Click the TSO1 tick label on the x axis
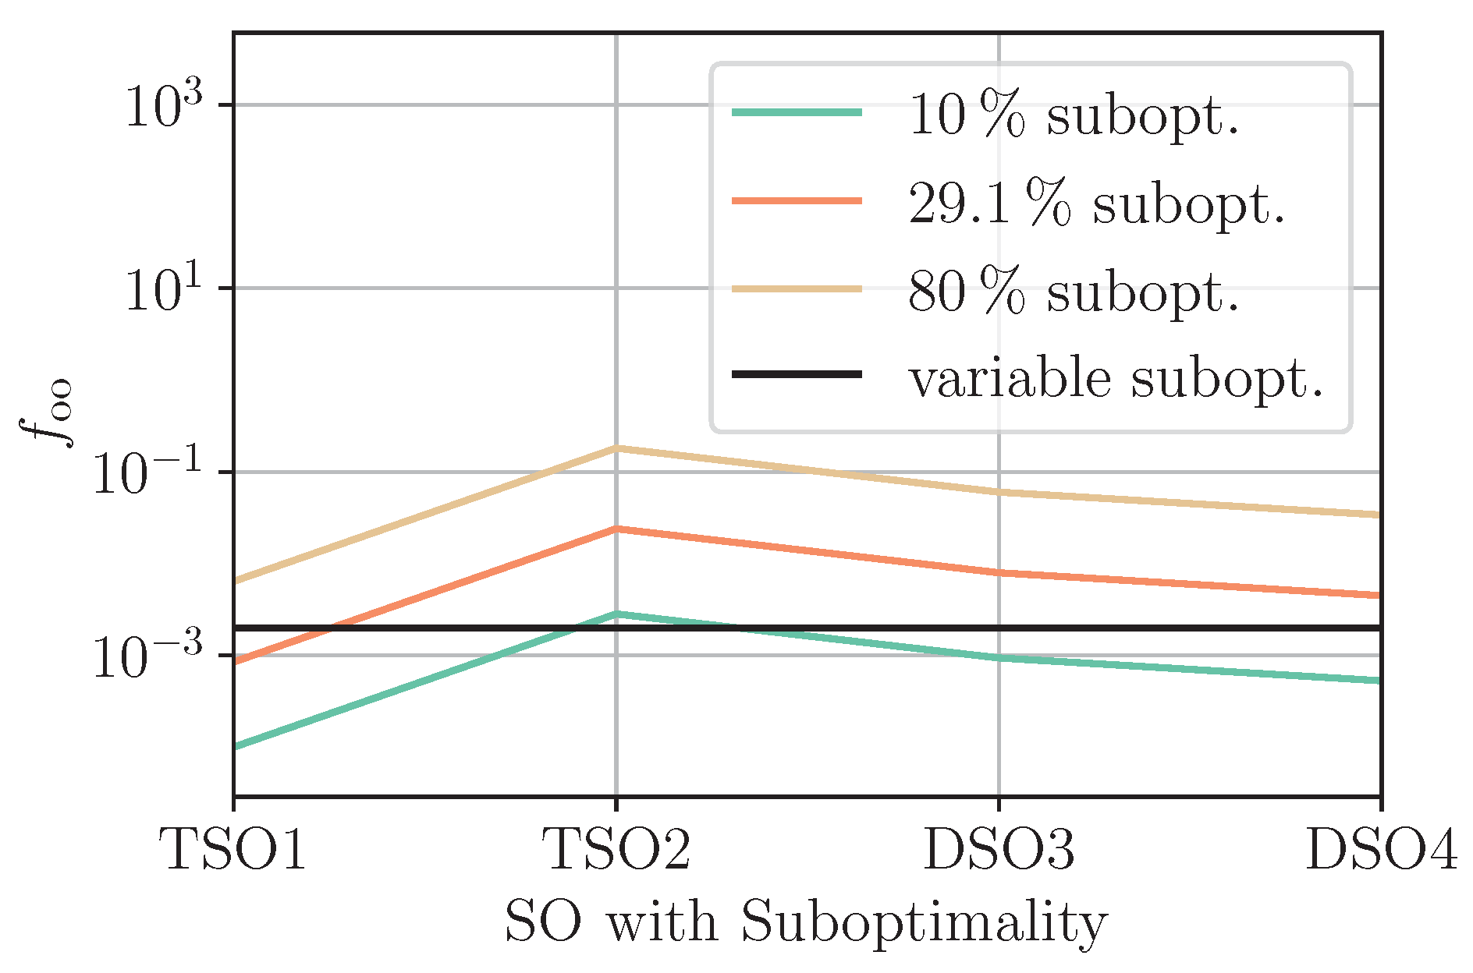point(233,849)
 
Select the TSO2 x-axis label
point(616,849)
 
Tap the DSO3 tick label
point(999,849)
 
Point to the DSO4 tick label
point(1381,849)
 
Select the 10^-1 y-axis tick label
point(148,473)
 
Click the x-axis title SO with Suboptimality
point(806,922)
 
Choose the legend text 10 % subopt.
point(1074,117)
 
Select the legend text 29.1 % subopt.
point(1096,205)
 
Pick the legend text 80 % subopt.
point(1074,293)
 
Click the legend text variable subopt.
point(1116,380)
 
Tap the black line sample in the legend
point(797,375)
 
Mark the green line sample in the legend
point(797,113)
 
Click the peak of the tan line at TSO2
point(616,448)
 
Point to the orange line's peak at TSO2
point(616,529)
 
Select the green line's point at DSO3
point(999,658)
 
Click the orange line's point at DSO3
point(999,573)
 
